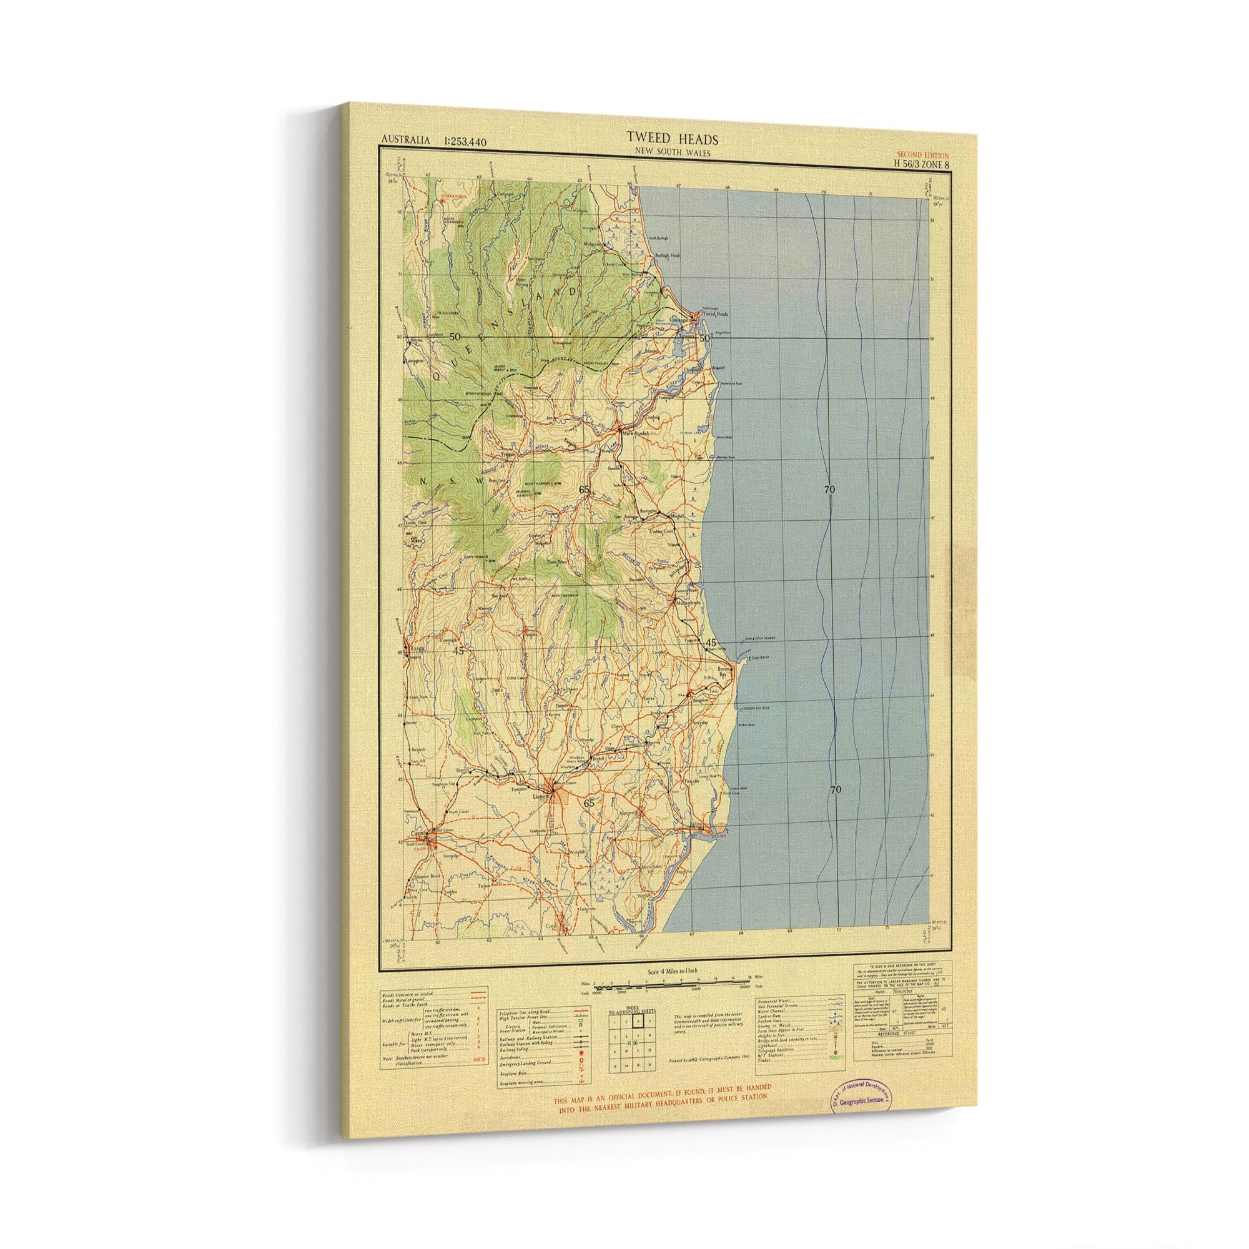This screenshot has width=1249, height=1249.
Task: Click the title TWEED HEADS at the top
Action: [x=663, y=139]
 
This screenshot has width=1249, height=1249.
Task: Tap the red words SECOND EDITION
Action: [x=922, y=155]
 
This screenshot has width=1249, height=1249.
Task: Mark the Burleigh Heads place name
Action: [x=669, y=255]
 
